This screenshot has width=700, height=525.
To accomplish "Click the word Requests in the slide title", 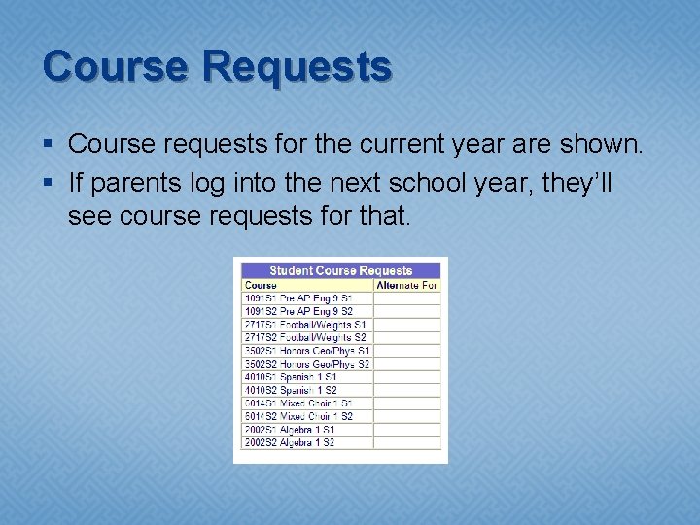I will pos(297,66).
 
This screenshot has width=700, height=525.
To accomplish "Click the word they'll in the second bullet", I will pos(577,182).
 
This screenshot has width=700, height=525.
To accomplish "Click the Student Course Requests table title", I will pos(340,270).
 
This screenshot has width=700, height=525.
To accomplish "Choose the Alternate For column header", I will pos(406,285).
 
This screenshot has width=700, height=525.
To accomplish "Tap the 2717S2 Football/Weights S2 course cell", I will pos(305,337).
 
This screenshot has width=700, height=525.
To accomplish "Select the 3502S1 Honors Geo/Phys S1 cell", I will pos(307,350).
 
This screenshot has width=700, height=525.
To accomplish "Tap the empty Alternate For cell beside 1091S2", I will pos(406,311).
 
